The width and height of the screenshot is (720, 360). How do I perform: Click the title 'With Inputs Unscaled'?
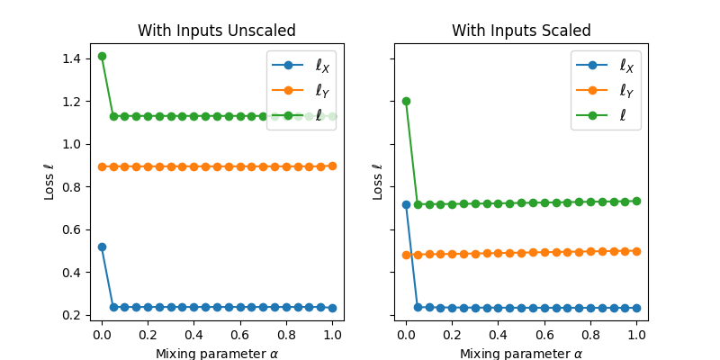216,31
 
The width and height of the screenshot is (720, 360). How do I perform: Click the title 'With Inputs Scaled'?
521,31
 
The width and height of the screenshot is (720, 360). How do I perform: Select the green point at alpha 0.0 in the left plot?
102,56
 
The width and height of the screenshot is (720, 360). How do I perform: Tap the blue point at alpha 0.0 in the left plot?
102,247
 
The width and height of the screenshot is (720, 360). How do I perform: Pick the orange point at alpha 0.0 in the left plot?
102,166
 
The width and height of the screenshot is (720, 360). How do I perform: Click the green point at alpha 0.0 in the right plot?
406,101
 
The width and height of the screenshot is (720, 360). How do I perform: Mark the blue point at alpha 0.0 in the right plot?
406,204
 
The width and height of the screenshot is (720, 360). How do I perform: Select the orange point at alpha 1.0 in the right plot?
636,251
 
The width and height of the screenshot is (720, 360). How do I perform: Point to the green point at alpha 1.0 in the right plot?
636,201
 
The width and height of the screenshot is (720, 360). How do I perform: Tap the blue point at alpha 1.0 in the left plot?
332,308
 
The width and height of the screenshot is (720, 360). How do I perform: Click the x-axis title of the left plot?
216,353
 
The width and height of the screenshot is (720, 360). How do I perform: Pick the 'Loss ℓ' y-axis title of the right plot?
378,182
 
